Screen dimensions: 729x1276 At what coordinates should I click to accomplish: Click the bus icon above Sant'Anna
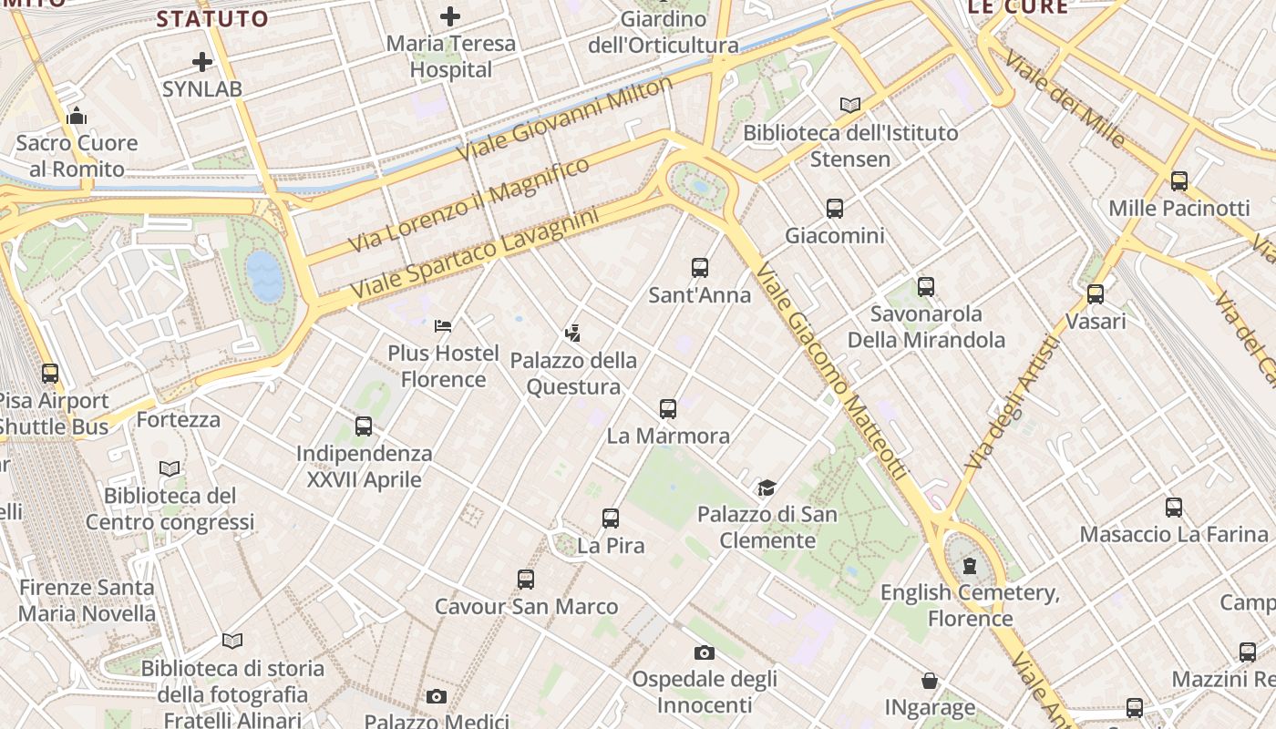(x=699, y=268)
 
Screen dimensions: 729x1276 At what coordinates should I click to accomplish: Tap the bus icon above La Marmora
(x=668, y=409)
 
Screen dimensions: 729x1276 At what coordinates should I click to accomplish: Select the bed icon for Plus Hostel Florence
(x=443, y=325)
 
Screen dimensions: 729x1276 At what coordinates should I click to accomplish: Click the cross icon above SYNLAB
(x=202, y=62)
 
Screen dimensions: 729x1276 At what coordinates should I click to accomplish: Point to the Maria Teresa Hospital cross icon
(x=450, y=15)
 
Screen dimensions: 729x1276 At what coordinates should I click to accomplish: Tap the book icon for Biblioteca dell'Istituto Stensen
(x=850, y=105)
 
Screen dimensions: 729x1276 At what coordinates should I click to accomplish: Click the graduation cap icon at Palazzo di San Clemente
(x=767, y=488)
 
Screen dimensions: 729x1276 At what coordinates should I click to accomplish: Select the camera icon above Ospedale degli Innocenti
(x=704, y=652)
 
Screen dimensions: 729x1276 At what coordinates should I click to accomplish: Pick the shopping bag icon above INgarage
(x=930, y=681)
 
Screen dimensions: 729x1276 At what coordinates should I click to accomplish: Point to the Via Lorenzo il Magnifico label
(x=469, y=205)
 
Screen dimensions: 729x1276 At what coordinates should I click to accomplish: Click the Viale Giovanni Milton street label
(x=564, y=119)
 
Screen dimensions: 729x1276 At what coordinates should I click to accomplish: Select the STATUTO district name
(x=212, y=18)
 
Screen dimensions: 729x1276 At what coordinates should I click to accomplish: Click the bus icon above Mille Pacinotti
(x=1178, y=181)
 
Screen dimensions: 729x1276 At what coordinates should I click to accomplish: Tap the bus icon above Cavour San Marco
(x=526, y=580)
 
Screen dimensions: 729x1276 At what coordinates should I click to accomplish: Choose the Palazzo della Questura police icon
(x=572, y=333)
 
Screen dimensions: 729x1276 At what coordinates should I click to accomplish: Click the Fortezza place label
(x=179, y=419)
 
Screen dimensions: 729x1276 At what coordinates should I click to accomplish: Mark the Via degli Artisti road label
(x=1013, y=403)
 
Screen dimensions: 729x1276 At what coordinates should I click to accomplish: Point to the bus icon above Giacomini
(x=834, y=209)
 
